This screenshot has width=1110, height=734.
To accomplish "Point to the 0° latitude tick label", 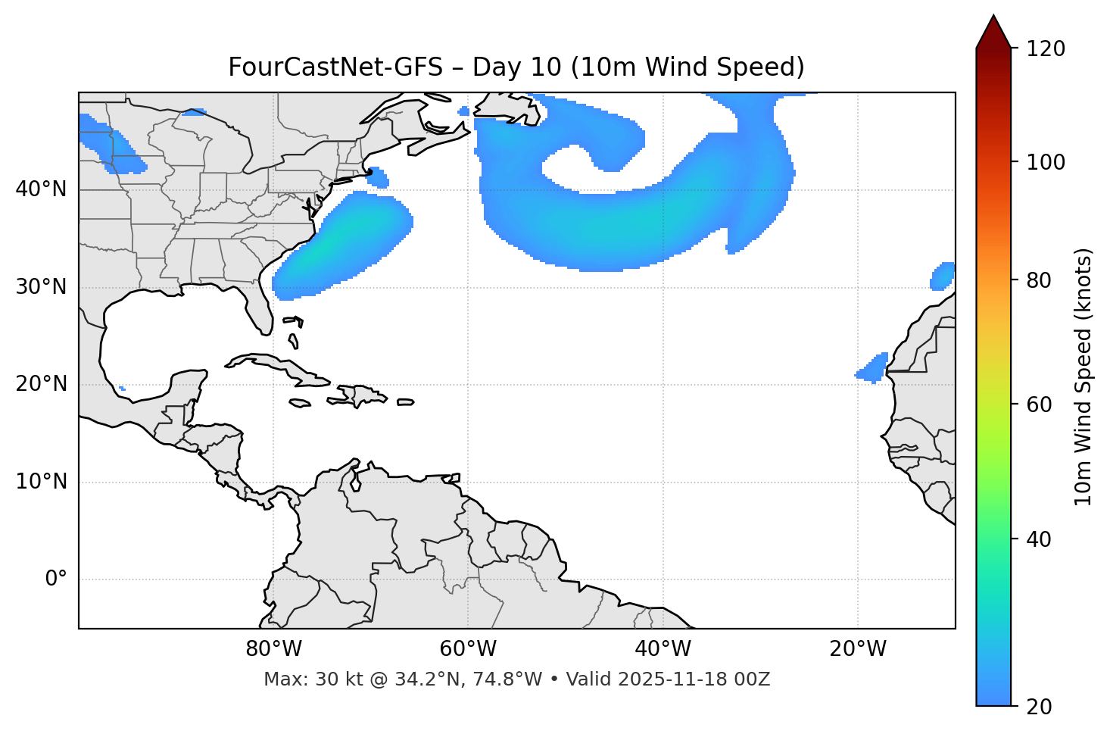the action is (x=56, y=579).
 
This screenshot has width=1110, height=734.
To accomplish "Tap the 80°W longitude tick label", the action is (x=273, y=649).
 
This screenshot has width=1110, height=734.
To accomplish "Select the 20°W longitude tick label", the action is (x=858, y=649).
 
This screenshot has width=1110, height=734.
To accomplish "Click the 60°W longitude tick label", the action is (x=468, y=649).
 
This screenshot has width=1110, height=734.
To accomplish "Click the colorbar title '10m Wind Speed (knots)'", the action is (x=1083, y=377).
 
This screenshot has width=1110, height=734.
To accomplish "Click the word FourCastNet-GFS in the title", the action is (x=335, y=67).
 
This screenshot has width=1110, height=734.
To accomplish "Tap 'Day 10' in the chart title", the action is (x=517, y=67).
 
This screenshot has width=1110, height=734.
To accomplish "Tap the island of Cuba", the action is (x=280, y=367).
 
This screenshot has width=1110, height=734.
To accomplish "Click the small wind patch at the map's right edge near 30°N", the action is (x=943, y=276).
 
